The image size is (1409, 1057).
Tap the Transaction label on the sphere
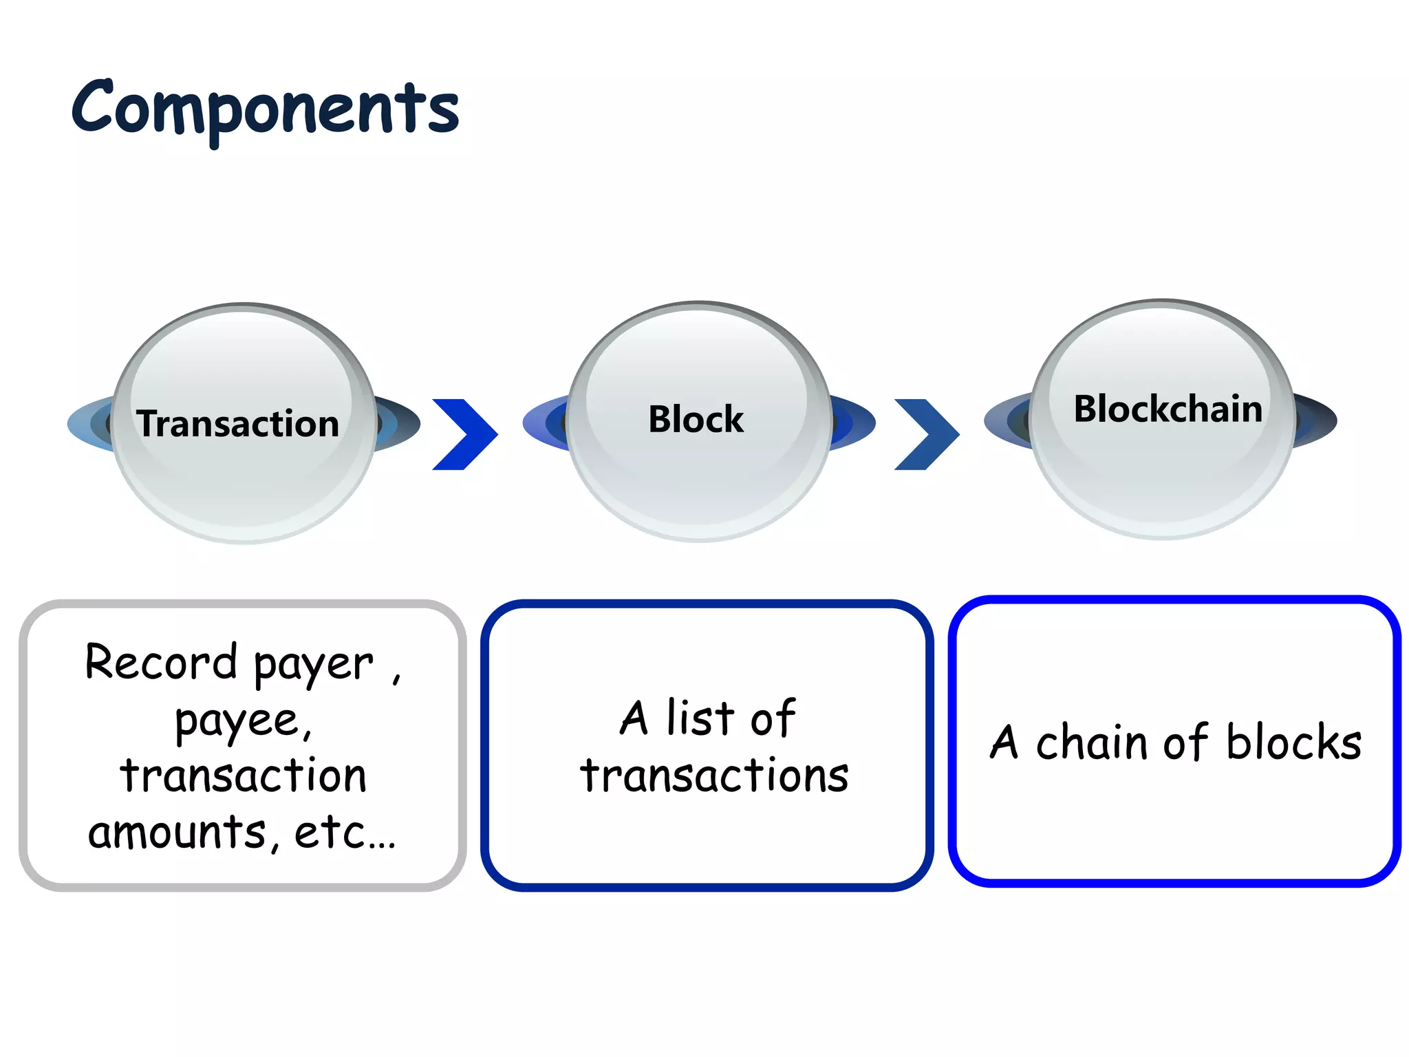click(x=237, y=423)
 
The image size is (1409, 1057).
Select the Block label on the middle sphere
click(x=696, y=419)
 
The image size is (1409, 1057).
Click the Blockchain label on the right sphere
click(x=1168, y=409)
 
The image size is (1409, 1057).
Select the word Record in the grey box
click(x=161, y=662)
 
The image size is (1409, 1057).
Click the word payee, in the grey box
click(x=244, y=721)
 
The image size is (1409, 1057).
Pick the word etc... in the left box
click(x=345, y=832)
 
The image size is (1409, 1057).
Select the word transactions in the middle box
click(x=713, y=776)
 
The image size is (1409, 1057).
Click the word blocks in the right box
click(x=1293, y=743)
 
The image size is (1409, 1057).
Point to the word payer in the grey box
click(x=314, y=665)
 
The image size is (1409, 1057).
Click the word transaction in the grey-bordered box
click(x=243, y=776)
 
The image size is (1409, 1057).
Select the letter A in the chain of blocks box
click(x=1004, y=743)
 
